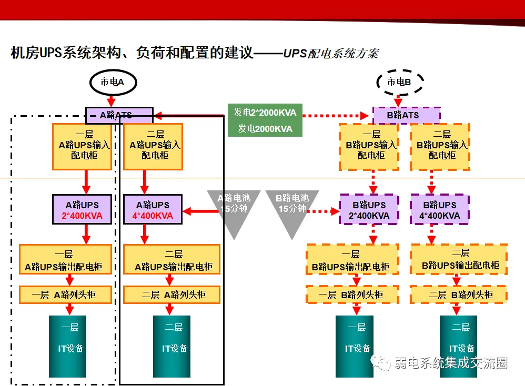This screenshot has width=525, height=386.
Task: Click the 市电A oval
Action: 112,82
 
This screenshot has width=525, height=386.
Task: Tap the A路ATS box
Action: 119,115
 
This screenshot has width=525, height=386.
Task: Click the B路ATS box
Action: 406,115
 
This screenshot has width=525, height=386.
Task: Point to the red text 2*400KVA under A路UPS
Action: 83,216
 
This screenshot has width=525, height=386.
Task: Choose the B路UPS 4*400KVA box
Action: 440,210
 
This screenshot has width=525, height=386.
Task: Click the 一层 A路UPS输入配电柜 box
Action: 83,147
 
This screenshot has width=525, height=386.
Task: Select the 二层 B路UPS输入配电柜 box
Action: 440,147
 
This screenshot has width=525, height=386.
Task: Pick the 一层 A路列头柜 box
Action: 66,294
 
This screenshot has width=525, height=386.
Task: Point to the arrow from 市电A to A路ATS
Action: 112,100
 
